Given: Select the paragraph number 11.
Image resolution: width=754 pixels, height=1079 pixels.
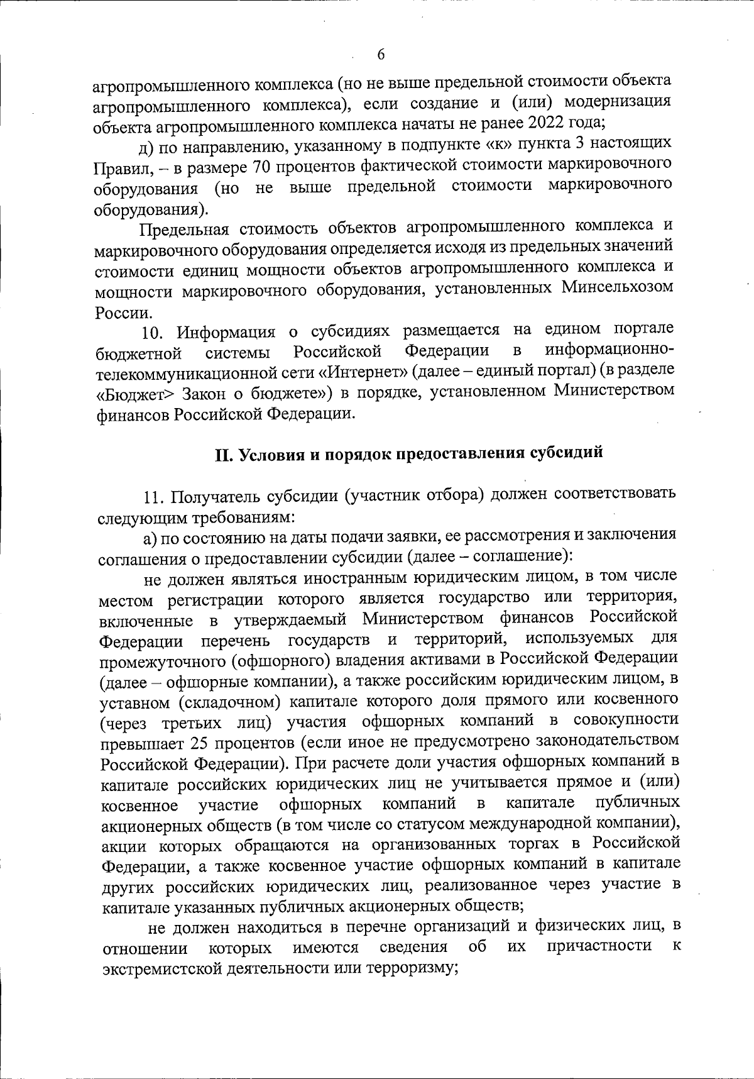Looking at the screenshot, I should (154, 497).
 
